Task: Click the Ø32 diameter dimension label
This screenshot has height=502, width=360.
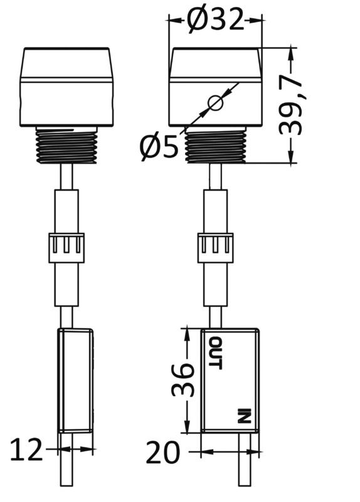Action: tap(215, 20)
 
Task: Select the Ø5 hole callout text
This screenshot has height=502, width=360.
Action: tap(159, 147)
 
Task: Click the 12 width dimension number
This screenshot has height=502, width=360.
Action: tap(26, 450)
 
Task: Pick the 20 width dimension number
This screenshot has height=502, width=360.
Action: tap(162, 452)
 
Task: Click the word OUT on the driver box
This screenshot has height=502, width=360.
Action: tap(215, 353)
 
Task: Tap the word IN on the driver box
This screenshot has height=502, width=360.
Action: tap(244, 417)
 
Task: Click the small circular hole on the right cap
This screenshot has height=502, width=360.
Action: tap(214, 102)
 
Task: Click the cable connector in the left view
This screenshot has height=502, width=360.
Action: tap(66, 247)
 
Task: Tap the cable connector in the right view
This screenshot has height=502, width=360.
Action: tap(215, 247)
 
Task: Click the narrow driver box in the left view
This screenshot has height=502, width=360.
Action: tap(75, 380)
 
